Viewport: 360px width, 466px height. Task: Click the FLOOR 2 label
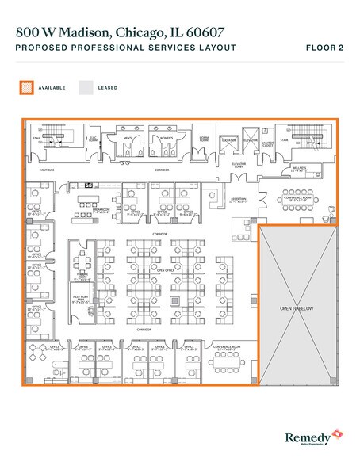[325, 48]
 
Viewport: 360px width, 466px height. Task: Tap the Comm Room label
[203, 136]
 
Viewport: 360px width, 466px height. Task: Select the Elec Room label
[91, 136]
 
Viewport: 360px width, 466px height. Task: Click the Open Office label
[166, 270]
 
